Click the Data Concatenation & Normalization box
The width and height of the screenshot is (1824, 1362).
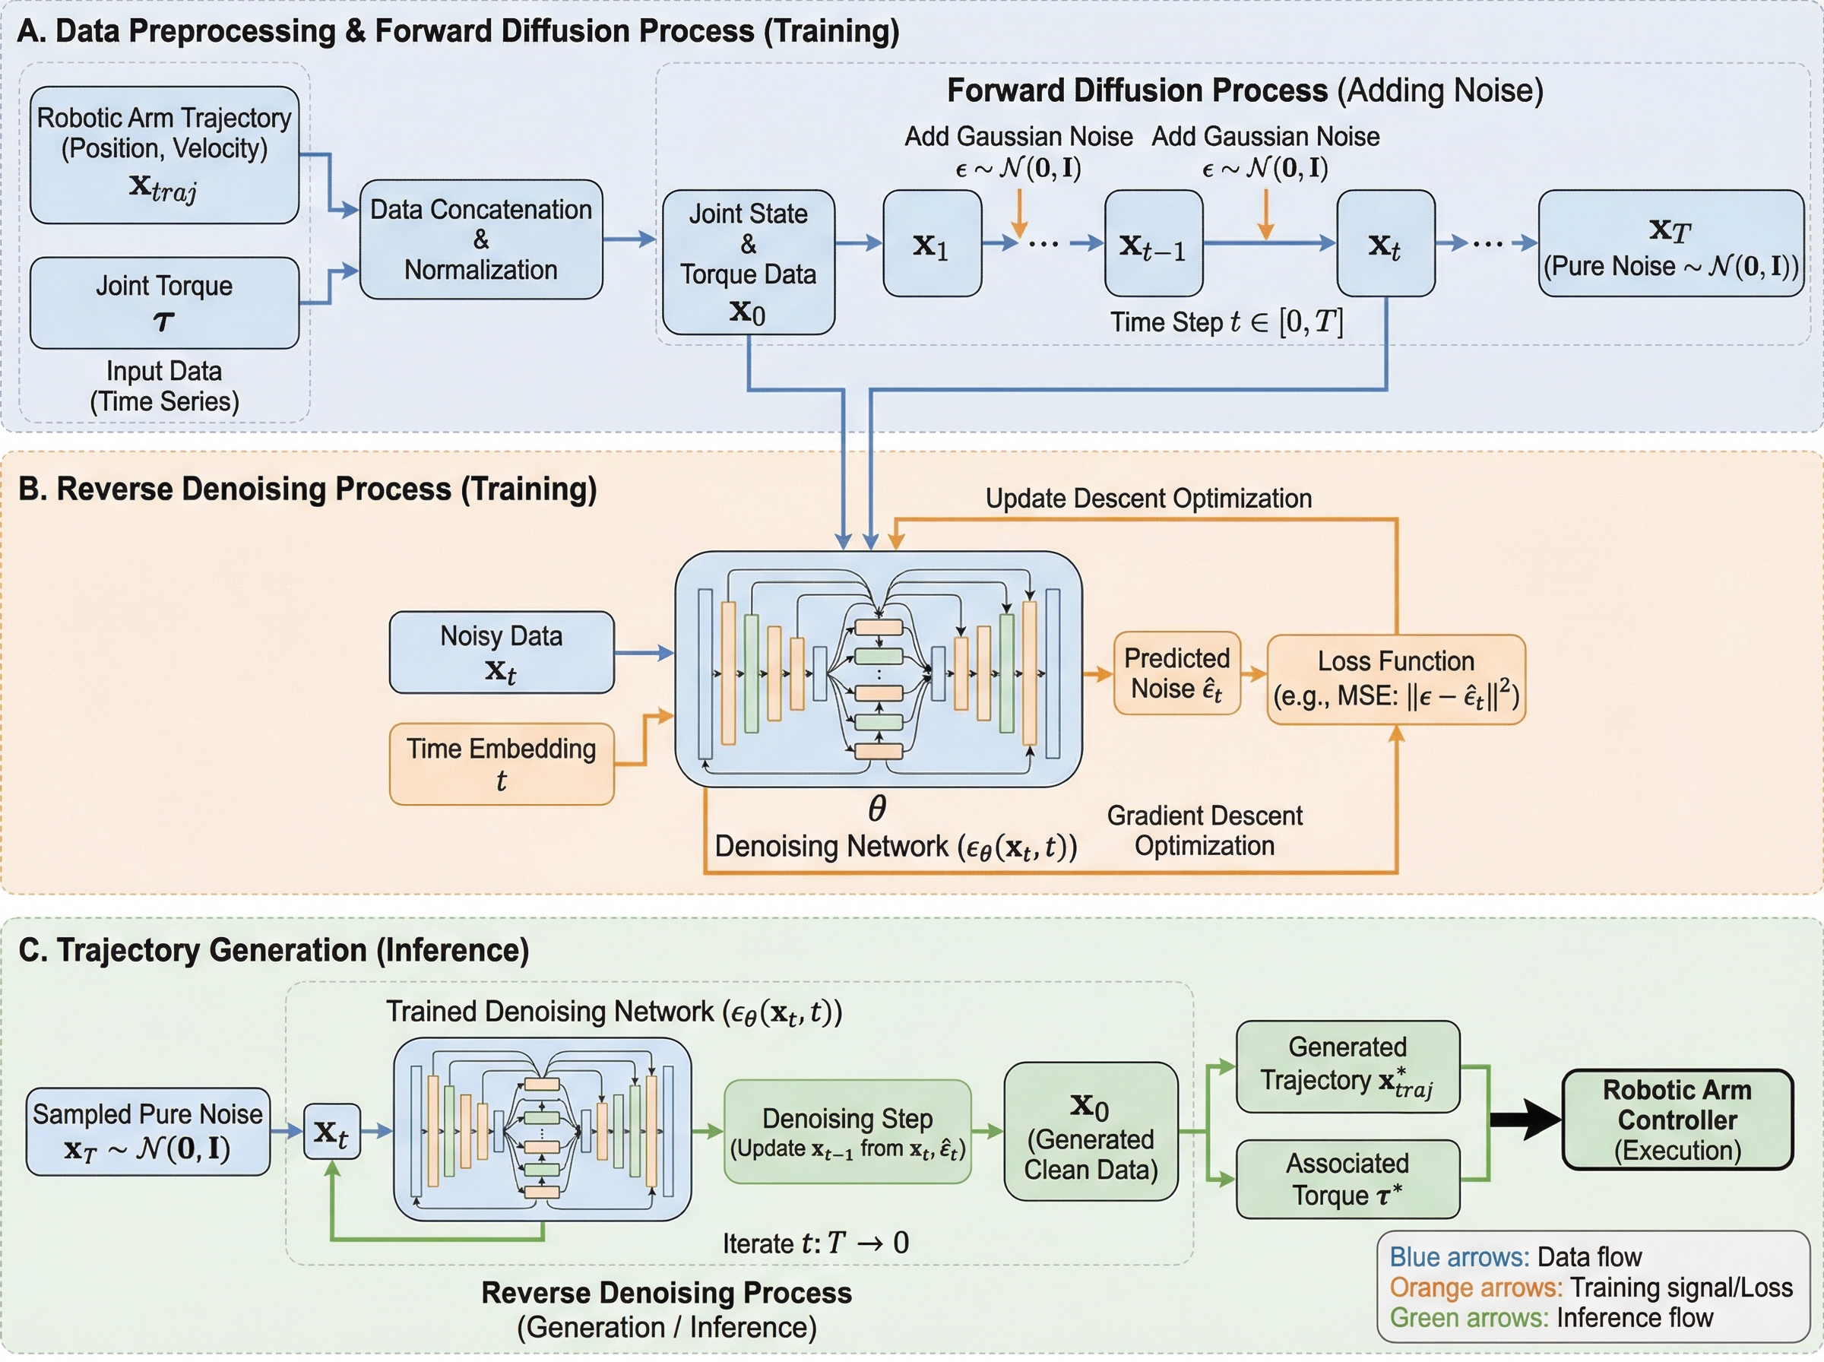click(x=480, y=239)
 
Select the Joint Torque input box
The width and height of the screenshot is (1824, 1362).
click(x=164, y=302)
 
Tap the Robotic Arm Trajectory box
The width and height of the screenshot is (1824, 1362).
click(x=164, y=154)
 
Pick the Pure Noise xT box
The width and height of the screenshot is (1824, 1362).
click(x=1670, y=243)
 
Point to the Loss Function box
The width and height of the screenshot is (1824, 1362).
click(x=1395, y=679)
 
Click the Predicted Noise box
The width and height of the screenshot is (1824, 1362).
click(x=1176, y=673)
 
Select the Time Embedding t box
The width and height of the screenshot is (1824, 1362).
click(x=501, y=763)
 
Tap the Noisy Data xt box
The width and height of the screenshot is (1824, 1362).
click(x=501, y=652)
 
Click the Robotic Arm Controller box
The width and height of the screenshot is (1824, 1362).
click(x=1677, y=1119)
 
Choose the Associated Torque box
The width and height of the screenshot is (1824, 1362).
click(x=1347, y=1178)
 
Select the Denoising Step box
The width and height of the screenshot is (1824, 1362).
click(x=847, y=1132)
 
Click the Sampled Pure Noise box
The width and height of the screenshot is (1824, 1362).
click(x=147, y=1131)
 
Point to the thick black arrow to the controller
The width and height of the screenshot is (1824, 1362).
click(x=1525, y=1119)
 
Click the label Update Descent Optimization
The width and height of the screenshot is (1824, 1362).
click(x=1148, y=498)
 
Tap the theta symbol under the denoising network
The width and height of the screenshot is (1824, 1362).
click(x=877, y=809)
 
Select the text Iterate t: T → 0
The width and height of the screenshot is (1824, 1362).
click(x=815, y=1243)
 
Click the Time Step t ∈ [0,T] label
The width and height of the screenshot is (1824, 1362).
click(x=1226, y=321)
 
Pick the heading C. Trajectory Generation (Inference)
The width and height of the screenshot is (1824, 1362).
click(x=274, y=950)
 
